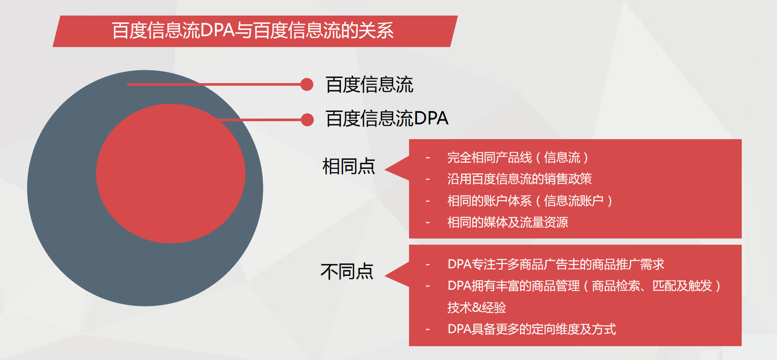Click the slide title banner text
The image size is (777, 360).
(x=253, y=30)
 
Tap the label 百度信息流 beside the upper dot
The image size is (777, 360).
(x=369, y=85)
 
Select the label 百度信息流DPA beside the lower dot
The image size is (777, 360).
(x=387, y=119)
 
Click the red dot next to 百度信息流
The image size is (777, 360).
(x=307, y=84)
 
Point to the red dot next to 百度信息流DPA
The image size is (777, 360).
(x=307, y=120)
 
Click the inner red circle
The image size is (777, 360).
(x=171, y=174)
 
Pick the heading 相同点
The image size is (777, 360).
(x=349, y=166)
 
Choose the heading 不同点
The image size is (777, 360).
(x=347, y=271)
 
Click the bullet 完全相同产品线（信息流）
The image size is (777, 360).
(x=518, y=157)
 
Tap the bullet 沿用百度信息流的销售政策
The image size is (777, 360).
(x=519, y=179)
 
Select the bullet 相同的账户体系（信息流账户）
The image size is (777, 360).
(x=530, y=200)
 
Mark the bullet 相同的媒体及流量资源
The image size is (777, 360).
(x=507, y=222)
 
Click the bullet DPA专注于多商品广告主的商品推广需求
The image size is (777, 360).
(x=556, y=264)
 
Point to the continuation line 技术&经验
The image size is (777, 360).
(x=477, y=307)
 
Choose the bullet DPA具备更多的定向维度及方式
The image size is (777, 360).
(x=532, y=329)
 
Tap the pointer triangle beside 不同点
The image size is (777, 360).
(x=397, y=274)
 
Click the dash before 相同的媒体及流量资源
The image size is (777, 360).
(x=428, y=223)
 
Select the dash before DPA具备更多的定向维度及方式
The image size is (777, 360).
(x=428, y=330)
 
